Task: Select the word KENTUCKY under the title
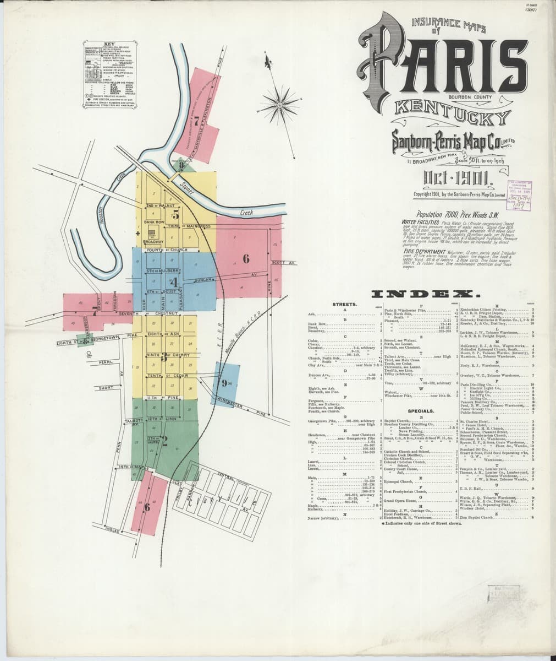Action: pos(450,117)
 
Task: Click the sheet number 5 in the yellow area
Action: pos(175,214)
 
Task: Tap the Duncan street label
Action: pos(203,280)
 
